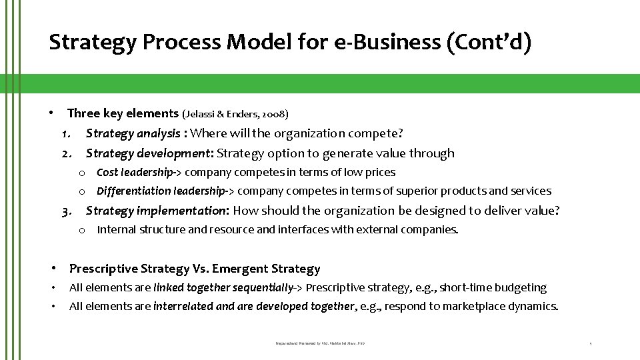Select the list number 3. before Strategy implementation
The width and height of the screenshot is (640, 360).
(67, 211)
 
